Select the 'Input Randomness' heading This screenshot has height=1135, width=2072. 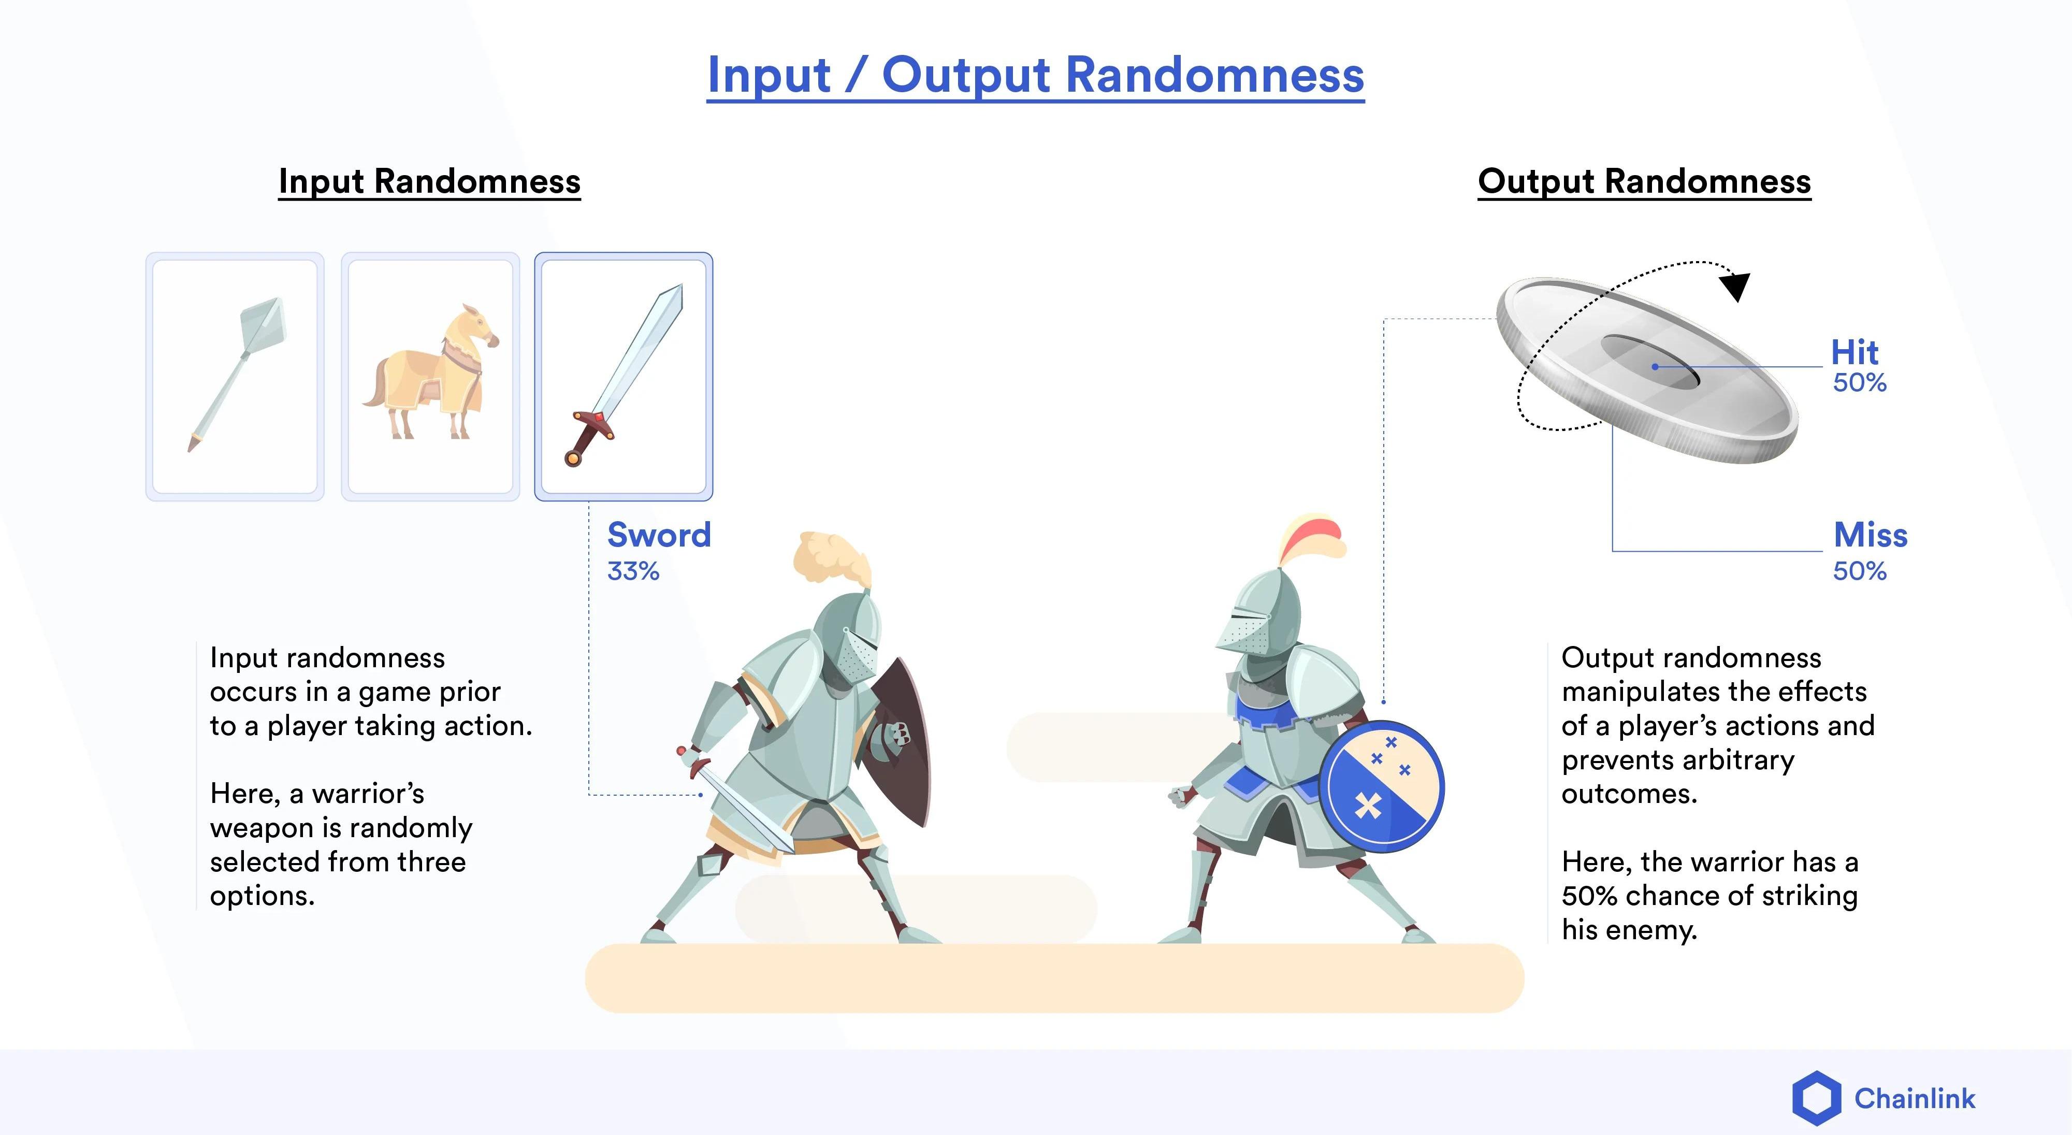(x=429, y=182)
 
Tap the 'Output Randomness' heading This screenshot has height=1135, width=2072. (x=1644, y=182)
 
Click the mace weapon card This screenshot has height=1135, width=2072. (x=235, y=377)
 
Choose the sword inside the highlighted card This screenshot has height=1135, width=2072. (x=624, y=374)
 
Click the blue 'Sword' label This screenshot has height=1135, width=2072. (x=659, y=535)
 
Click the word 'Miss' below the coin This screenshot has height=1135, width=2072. (x=1870, y=535)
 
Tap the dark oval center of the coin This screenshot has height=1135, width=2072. (x=1650, y=362)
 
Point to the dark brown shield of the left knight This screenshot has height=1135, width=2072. (x=901, y=744)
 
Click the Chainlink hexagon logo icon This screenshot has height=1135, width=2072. (x=1816, y=1098)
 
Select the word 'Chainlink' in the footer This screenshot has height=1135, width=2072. (x=1915, y=1099)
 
